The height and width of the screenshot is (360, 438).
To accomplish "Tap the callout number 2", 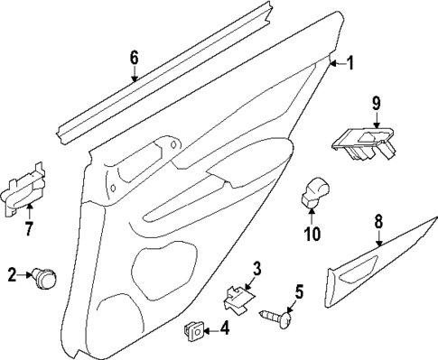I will (13, 275).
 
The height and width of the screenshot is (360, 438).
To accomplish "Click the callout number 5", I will (300, 291).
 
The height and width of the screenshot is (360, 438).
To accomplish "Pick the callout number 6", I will (134, 59).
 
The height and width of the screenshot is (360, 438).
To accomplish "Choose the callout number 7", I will (28, 227).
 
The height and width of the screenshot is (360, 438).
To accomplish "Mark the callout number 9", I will (377, 104).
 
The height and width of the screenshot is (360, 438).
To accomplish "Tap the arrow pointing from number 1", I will (335, 62).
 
